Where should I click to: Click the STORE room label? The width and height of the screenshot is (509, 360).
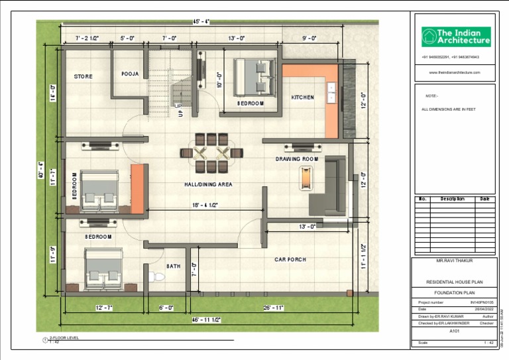84,77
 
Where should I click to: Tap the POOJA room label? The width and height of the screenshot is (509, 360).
130,74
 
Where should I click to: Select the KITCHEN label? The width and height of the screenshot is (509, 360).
303,97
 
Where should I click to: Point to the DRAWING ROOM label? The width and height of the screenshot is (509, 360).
297,159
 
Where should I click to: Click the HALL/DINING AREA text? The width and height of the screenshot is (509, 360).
208,184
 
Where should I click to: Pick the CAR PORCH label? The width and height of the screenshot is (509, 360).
290,259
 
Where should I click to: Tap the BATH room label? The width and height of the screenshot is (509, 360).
173,267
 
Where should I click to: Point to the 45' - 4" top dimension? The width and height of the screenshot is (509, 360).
201,22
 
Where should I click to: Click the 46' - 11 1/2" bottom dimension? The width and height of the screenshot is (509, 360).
206,320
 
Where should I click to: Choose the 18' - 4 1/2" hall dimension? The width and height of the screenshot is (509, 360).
205,206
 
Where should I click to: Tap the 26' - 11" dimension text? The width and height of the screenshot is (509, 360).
273,308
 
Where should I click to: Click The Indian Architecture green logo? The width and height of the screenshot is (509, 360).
456,37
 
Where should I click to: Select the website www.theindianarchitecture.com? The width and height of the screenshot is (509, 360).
454,72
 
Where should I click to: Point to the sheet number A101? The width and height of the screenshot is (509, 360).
454,330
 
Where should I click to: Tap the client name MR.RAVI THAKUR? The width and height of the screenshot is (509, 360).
454,262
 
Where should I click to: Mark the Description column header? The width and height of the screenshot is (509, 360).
453,199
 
